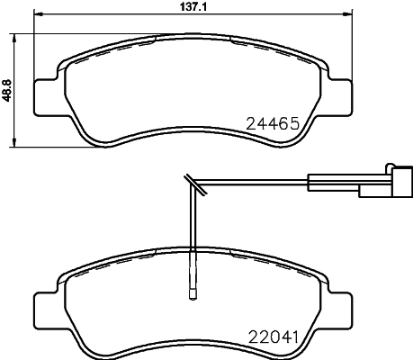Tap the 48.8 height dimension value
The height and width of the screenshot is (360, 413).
[7, 90]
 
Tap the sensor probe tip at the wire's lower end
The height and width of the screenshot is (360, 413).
[191, 290]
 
